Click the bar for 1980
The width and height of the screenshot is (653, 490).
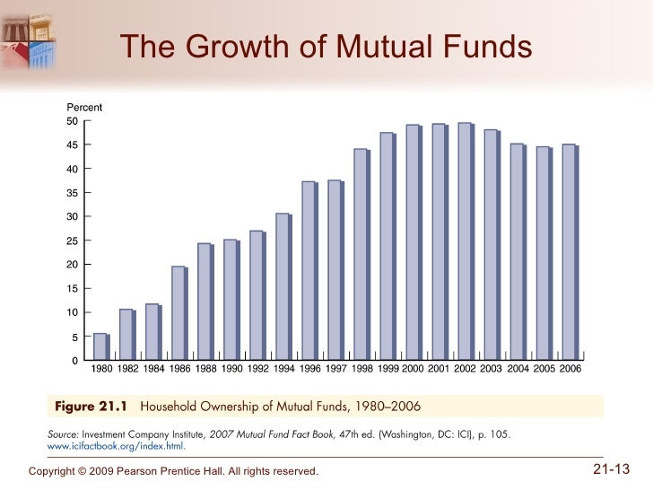coord(100,346)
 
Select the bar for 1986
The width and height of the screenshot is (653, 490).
coord(178,313)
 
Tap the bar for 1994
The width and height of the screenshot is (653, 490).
coord(283,286)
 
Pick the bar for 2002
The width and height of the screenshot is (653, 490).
coord(465,241)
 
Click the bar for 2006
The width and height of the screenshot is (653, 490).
coord(569,252)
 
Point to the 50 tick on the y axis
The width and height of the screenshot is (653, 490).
coord(73,121)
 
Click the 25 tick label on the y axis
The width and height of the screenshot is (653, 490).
coord(73,241)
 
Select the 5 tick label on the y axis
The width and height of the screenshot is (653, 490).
coord(75,337)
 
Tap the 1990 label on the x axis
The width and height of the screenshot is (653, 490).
coord(231,369)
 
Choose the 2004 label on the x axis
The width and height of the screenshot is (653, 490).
coord(518,369)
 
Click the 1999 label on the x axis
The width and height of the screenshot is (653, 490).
coord(387,369)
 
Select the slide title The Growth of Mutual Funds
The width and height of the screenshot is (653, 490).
coord(326,45)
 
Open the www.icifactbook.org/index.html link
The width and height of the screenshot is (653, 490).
coord(116,446)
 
